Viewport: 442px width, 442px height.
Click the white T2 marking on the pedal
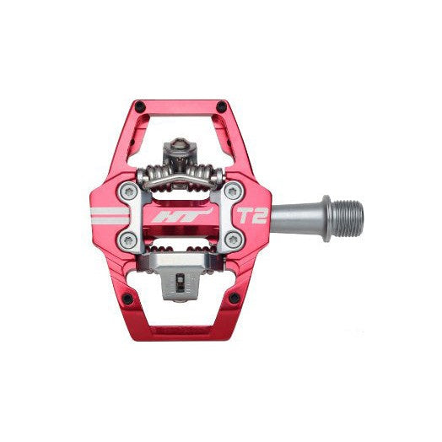click(x=251, y=216)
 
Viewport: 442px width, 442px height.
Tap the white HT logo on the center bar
click(x=181, y=216)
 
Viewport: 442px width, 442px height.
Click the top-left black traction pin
click(x=140, y=106)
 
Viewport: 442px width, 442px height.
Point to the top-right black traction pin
click(x=221, y=106)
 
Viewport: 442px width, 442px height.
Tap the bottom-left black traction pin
click(x=127, y=299)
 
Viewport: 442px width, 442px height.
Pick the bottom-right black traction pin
click(x=234, y=298)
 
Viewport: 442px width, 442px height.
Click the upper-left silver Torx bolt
click(x=128, y=191)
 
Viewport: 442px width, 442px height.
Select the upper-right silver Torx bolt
click(x=234, y=191)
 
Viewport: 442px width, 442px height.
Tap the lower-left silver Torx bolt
click(x=128, y=240)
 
